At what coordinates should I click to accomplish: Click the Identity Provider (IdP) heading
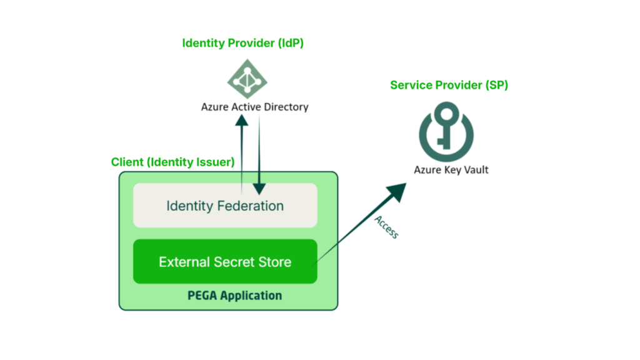point(242,43)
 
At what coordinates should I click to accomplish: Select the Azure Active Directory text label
point(254,107)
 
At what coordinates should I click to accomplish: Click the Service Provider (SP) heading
point(449,85)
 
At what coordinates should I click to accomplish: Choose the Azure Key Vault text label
point(451,169)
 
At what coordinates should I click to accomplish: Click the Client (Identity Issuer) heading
point(172,162)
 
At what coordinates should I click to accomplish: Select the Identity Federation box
point(225,206)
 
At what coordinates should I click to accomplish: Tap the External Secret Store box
point(225,262)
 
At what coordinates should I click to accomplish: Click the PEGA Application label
point(234,296)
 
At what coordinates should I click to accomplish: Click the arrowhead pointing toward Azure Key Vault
point(399,191)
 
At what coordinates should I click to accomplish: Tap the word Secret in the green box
point(234,262)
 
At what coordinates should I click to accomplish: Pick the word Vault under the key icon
point(476,169)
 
